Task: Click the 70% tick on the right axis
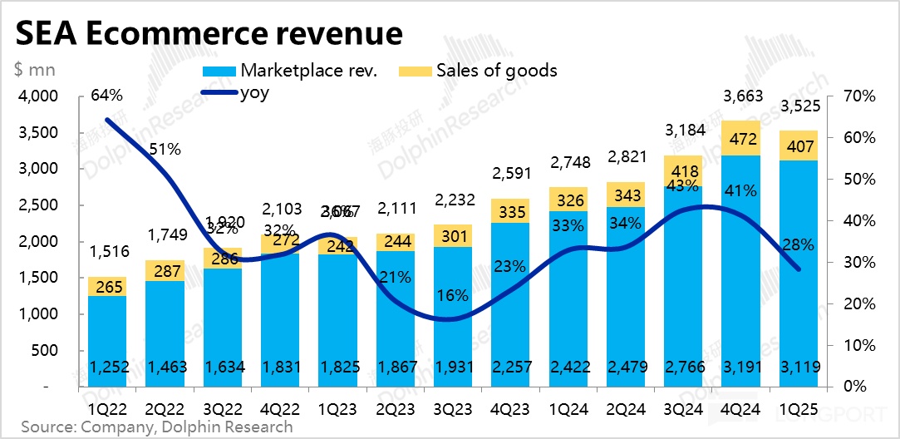858,96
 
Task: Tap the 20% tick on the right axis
858,303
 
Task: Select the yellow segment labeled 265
107,287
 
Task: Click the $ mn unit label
30,71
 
